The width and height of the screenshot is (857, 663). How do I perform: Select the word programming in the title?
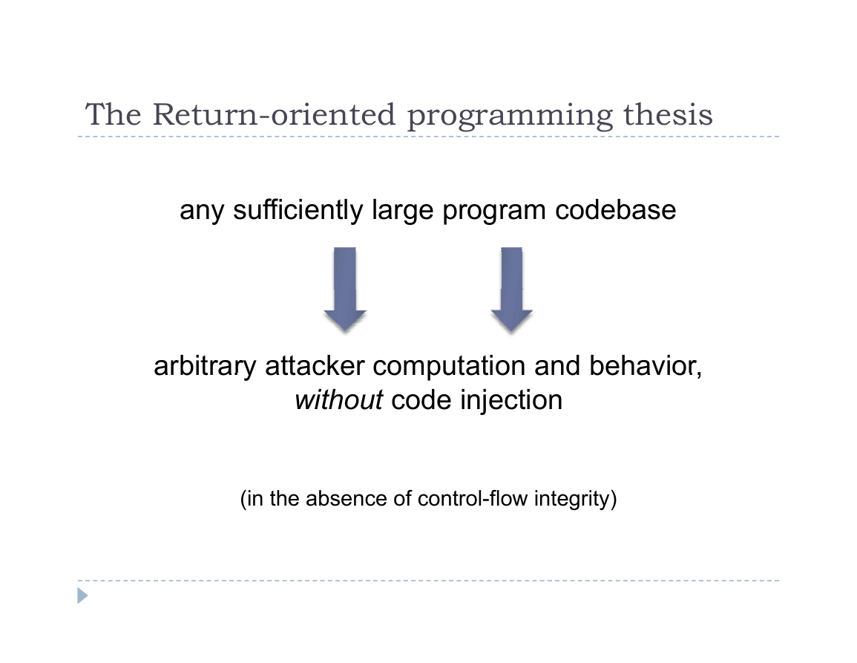pyautogui.click(x=510, y=117)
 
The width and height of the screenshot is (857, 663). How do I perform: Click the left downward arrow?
pyautogui.click(x=345, y=289)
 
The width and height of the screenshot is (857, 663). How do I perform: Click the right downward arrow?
pyautogui.click(x=511, y=289)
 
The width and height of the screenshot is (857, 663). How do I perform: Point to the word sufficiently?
pyautogui.click(x=298, y=210)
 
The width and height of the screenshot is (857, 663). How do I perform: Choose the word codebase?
pyautogui.click(x=615, y=210)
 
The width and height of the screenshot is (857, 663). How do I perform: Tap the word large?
pyautogui.click(x=402, y=212)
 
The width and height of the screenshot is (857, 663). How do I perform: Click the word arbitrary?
pyautogui.click(x=205, y=366)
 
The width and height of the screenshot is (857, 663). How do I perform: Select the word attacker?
pyautogui.click(x=315, y=366)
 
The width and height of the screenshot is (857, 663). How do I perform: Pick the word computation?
pyautogui.click(x=449, y=368)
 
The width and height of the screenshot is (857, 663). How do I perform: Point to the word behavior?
pyautogui.click(x=646, y=366)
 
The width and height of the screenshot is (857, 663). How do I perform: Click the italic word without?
pyautogui.click(x=339, y=400)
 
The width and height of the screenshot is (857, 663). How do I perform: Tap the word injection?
pyautogui.click(x=511, y=402)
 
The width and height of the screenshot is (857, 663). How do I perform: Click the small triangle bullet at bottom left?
pyautogui.click(x=82, y=595)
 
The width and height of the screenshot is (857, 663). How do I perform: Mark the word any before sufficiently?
pyautogui.click(x=202, y=212)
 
